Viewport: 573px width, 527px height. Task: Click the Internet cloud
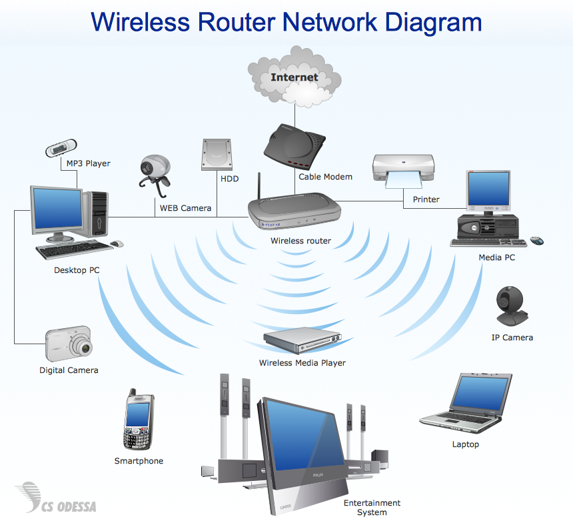coord(294,76)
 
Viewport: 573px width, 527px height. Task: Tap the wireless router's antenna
coord(259,187)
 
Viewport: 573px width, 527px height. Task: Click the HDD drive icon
coord(216,155)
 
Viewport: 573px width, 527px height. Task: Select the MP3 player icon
coord(61,148)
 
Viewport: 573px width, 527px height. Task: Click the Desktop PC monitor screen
coord(56,209)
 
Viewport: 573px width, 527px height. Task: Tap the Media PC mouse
coord(536,241)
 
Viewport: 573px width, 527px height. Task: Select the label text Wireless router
coord(300,241)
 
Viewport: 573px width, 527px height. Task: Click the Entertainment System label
coord(372,508)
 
